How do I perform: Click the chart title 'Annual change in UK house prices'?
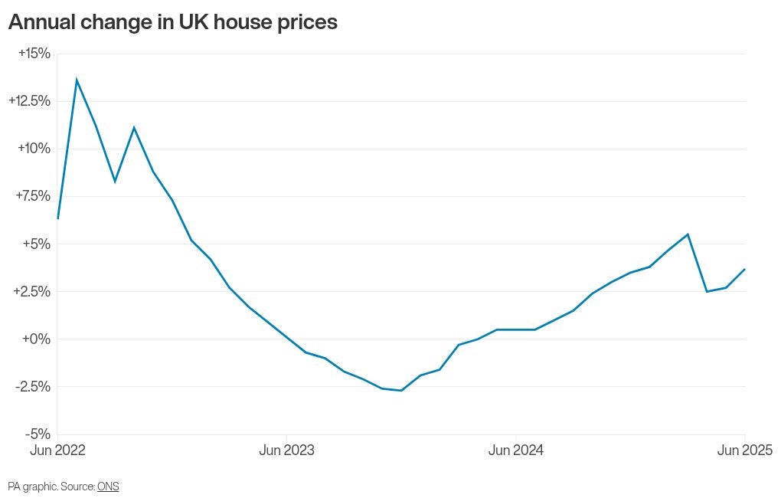[173, 22]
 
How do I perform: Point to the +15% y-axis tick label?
[34, 54]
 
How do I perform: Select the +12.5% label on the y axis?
[30, 101]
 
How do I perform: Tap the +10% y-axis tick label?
[34, 149]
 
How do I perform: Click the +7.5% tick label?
[34, 196]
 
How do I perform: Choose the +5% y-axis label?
[37, 244]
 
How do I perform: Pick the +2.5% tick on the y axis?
[32, 291]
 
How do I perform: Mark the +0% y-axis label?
[36, 339]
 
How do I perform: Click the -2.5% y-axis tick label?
[33, 386]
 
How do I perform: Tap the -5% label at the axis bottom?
[38, 434]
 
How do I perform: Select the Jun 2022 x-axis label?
[57, 450]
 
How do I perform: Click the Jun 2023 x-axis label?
[287, 450]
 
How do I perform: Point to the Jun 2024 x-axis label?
[516, 450]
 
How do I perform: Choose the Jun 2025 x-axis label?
[745, 450]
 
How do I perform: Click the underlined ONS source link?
[108, 486]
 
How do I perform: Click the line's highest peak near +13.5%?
[77, 79]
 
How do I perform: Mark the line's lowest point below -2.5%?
[401, 390]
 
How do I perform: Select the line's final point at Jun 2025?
[745, 269]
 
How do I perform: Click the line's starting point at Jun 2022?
[57, 218]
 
